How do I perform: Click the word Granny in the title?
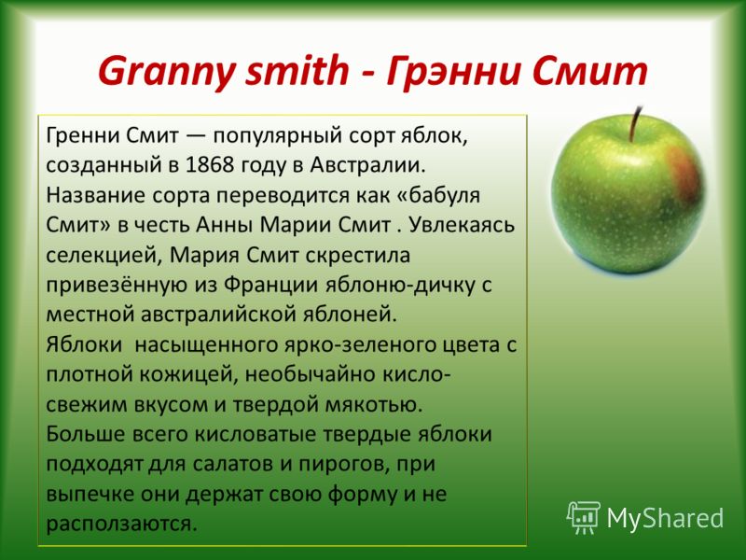tap(167, 72)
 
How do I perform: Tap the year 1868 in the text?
tap(210, 165)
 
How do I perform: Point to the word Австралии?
tap(367, 165)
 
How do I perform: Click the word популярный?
tap(278, 136)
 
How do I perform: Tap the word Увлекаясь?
tap(461, 226)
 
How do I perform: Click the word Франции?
tap(270, 286)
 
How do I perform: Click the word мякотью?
tap(374, 405)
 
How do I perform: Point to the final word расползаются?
tap(122, 525)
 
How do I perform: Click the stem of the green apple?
tap(635, 124)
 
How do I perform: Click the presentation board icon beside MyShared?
tap(584, 517)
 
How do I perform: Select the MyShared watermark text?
tap(665, 519)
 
